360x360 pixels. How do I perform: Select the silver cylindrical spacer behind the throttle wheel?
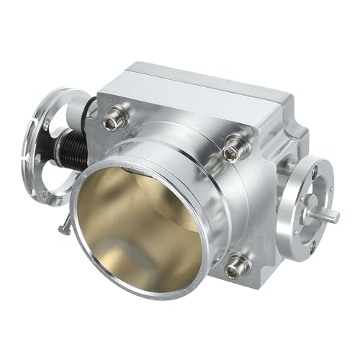76,112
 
